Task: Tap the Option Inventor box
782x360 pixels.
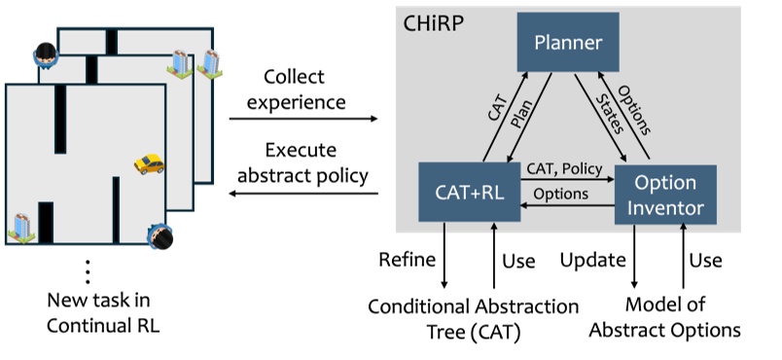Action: tap(665, 194)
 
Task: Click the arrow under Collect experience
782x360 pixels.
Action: tap(303, 120)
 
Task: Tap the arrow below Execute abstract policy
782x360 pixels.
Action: tap(303, 194)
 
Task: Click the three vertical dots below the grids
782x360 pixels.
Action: tap(89, 271)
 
